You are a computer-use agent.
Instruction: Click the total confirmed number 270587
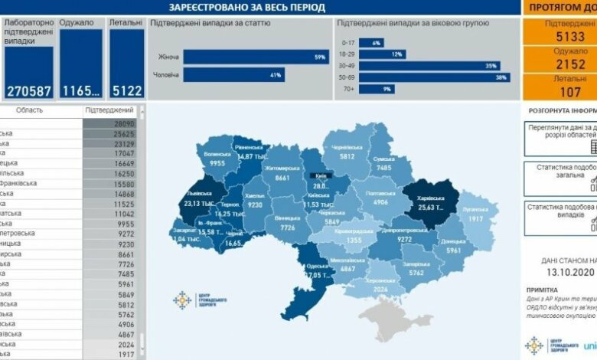click(x=29, y=90)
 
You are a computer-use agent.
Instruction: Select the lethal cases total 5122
click(x=126, y=90)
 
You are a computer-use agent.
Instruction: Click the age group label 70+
click(x=347, y=89)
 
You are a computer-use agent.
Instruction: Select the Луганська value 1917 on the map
click(x=475, y=219)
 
